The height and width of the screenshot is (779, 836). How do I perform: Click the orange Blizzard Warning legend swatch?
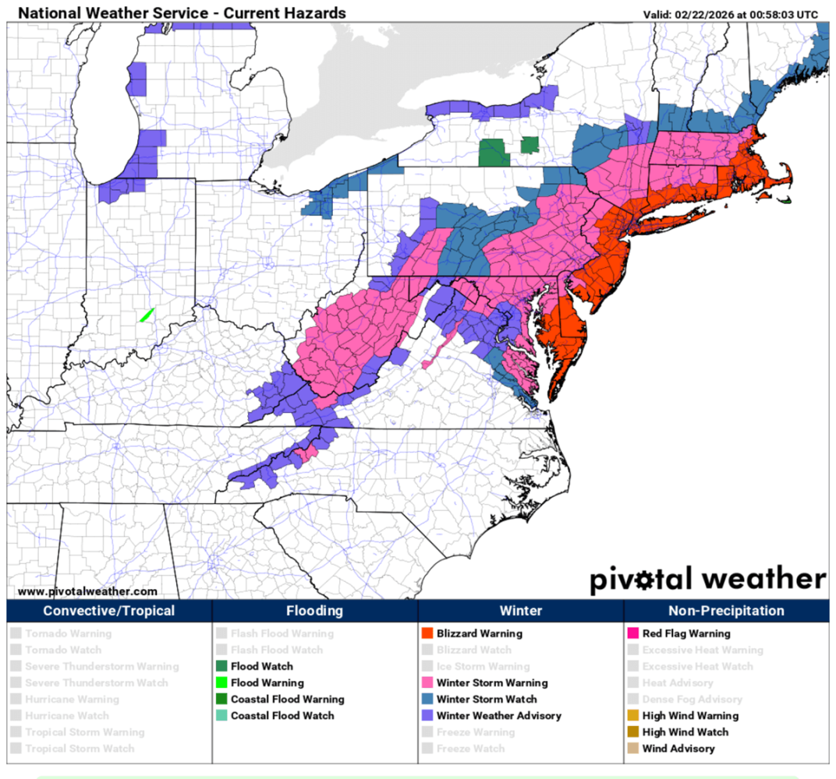(x=427, y=633)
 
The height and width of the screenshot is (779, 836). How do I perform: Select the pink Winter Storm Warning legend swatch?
(x=427, y=682)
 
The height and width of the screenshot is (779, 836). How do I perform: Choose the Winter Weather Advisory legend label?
(x=498, y=715)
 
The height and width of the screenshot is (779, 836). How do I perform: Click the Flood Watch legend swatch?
(x=221, y=666)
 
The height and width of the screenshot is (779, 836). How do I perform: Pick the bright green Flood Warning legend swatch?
(x=221, y=682)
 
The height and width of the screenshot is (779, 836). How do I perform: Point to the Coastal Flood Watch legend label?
(x=282, y=715)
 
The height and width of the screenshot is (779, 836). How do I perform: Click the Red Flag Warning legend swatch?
(x=633, y=633)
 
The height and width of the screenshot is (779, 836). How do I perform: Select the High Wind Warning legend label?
(x=689, y=715)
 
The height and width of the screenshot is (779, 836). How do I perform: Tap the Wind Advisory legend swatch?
(x=633, y=748)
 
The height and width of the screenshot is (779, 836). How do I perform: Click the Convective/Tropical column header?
(x=109, y=611)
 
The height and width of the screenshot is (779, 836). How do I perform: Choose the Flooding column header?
(x=314, y=611)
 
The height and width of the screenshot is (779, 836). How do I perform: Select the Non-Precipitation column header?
(x=726, y=611)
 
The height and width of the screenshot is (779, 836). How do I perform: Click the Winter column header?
(x=520, y=611)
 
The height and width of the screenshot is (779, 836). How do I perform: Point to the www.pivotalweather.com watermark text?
(x=87, y=591)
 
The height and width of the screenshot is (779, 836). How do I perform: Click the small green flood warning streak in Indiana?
(x=146, y=315)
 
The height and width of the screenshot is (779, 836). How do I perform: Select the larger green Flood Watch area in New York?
(x=494, y=153)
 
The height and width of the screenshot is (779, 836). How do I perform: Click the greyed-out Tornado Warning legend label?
(x=68, y=633)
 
